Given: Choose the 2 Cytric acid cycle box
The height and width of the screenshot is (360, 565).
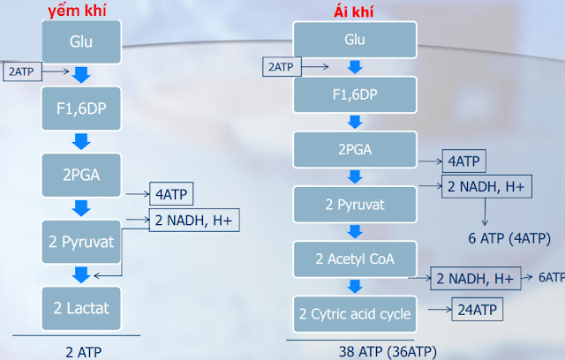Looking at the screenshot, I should click(353, 314).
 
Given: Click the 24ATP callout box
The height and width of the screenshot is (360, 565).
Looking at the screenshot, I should click(477, 310).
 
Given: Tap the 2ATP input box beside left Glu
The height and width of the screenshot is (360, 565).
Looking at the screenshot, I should click(24, 71).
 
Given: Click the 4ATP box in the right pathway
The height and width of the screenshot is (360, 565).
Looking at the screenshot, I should click(463, 161).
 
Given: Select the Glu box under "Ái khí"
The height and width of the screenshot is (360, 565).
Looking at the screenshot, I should click(354, 41).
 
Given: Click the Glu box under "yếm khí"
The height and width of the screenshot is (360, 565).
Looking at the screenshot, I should click(81, 41).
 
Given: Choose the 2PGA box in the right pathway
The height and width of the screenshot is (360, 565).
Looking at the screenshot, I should click(354, 149).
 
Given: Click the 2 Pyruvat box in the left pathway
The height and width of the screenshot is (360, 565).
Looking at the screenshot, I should click(81, 242).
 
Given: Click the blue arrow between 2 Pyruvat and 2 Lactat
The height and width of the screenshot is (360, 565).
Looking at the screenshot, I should click(81, 274).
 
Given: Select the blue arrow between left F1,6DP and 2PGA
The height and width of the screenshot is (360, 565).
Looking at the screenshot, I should click(81, 141).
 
